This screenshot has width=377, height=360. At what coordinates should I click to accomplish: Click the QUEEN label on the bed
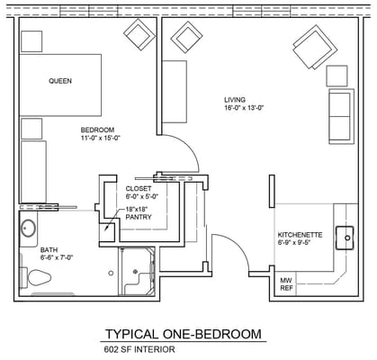click(60, 80)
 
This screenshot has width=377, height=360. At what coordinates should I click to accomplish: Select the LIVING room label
click(237, 98)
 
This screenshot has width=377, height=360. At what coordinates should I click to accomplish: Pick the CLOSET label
click(139, 188)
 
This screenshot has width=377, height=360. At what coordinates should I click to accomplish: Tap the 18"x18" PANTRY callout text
click(139, 212)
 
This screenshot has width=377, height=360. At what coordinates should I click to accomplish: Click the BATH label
click(49, 249)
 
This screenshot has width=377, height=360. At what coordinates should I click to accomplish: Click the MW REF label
click(286, 285)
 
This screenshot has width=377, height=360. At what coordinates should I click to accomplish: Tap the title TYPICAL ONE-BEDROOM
click(184, 334)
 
